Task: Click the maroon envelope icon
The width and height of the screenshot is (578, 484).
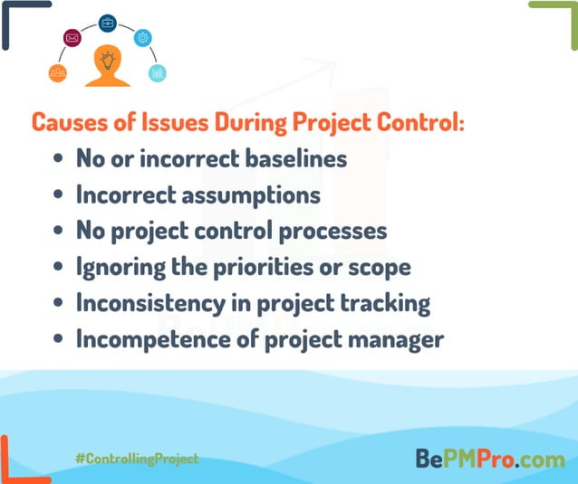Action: [x=72, y=38]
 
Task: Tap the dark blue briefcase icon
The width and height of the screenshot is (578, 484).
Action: [x=107, y=23]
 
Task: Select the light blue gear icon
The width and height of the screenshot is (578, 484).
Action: [x=142, y=38]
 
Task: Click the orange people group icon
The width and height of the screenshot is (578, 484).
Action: [x=57, y=72]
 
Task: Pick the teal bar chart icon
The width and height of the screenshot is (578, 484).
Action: [x=158, y=72]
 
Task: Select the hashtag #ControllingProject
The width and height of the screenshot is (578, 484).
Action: [x=137, y=459]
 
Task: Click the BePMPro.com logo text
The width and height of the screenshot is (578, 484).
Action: [x=489, y=459]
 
